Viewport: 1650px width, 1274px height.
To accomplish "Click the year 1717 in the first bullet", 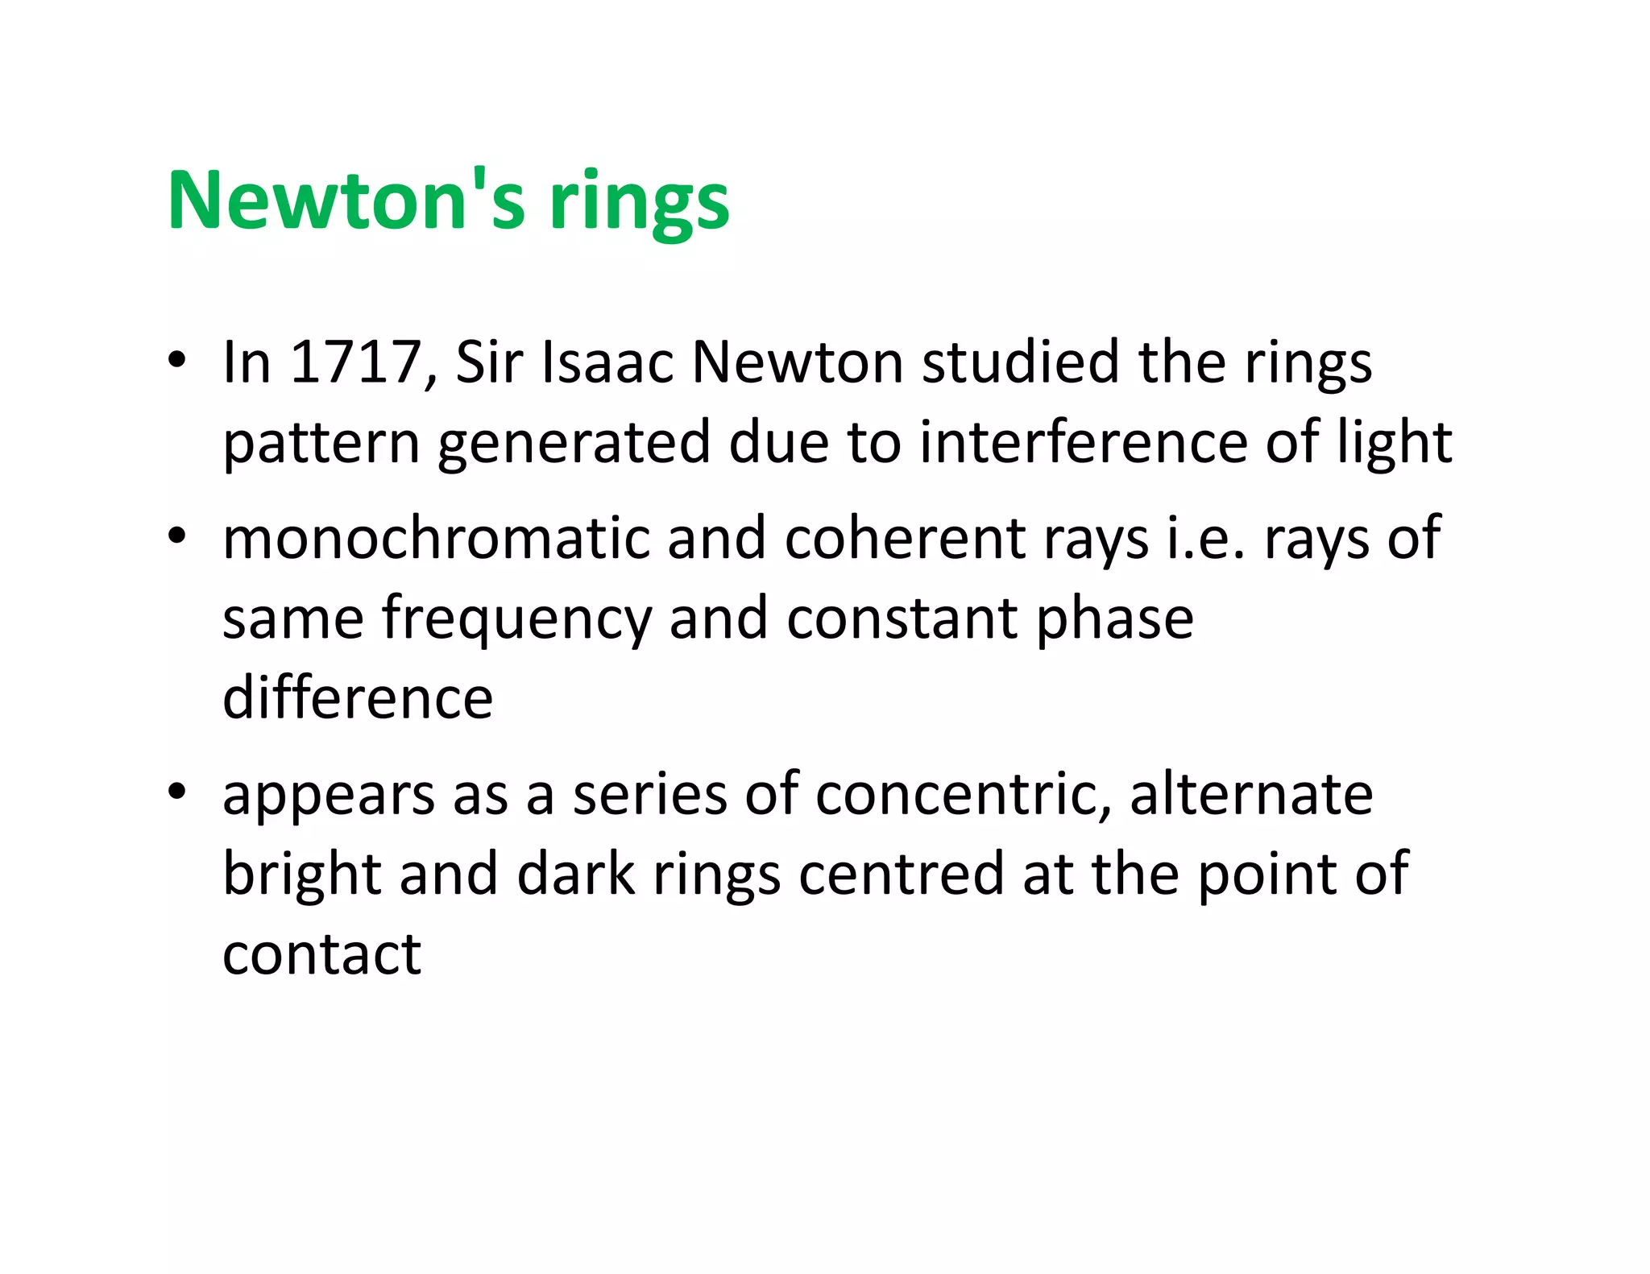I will point(355,362).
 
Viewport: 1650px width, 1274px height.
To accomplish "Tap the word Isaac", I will point(607,362).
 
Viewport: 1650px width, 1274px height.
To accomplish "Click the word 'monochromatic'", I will point(435,538).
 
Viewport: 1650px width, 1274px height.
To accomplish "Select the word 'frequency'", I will point(516,618).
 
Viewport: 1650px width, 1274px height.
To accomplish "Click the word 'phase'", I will point(1114,618).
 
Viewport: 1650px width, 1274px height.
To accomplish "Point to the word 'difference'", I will point(357,697).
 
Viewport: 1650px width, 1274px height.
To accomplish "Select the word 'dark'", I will point(575,875).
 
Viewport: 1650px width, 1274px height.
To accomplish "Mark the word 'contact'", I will point(321,954).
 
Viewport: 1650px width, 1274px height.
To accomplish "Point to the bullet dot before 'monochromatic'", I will point(177,536).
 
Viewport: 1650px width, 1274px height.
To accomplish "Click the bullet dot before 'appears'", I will point(177,792).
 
